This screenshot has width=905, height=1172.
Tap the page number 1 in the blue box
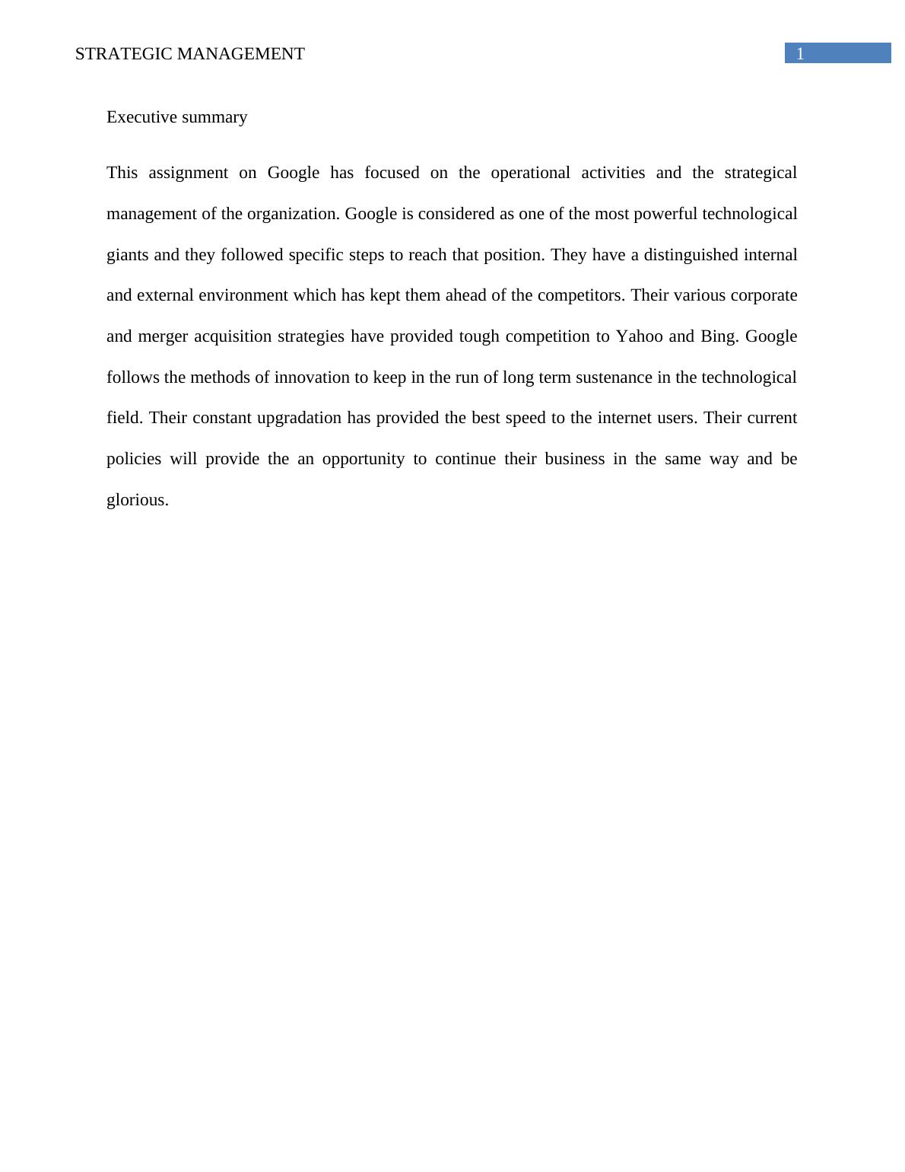coord(799,54)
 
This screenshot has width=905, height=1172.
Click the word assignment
coord(188,174)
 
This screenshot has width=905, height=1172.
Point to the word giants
coord(127,256)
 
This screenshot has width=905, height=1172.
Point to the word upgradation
coord(299,419)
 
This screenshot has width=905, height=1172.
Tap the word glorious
coord(138,501)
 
